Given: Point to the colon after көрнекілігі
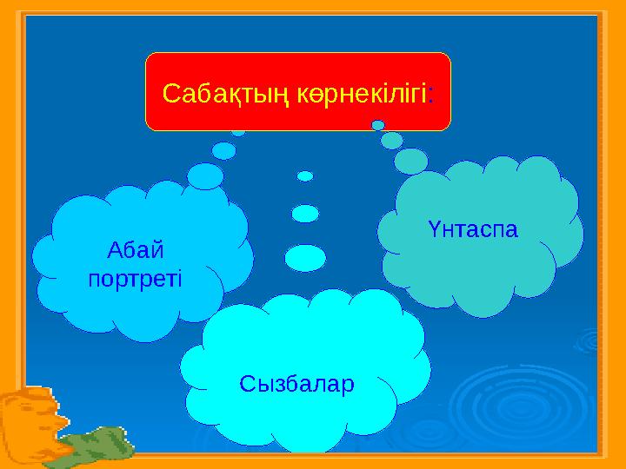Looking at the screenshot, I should click(x=433, y=92).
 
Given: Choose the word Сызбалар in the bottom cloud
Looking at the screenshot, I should click(x=297, y=383).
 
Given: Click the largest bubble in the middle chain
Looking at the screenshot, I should click(x=305, y=257).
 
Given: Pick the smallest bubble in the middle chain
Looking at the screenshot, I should click(x=305, y=175).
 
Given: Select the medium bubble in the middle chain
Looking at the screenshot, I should click(x=305, y=213).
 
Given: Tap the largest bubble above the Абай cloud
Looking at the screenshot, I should click(x=206, y=176).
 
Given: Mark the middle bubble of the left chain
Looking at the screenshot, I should click(x=224, y=150).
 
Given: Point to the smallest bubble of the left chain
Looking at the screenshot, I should click(x=237, y=133).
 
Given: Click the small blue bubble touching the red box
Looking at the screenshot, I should click(x=378, y=125).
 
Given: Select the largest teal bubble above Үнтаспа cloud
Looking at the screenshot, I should click(x=411, y=161).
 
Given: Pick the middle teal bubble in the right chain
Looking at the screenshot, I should click(x=392, y=140).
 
